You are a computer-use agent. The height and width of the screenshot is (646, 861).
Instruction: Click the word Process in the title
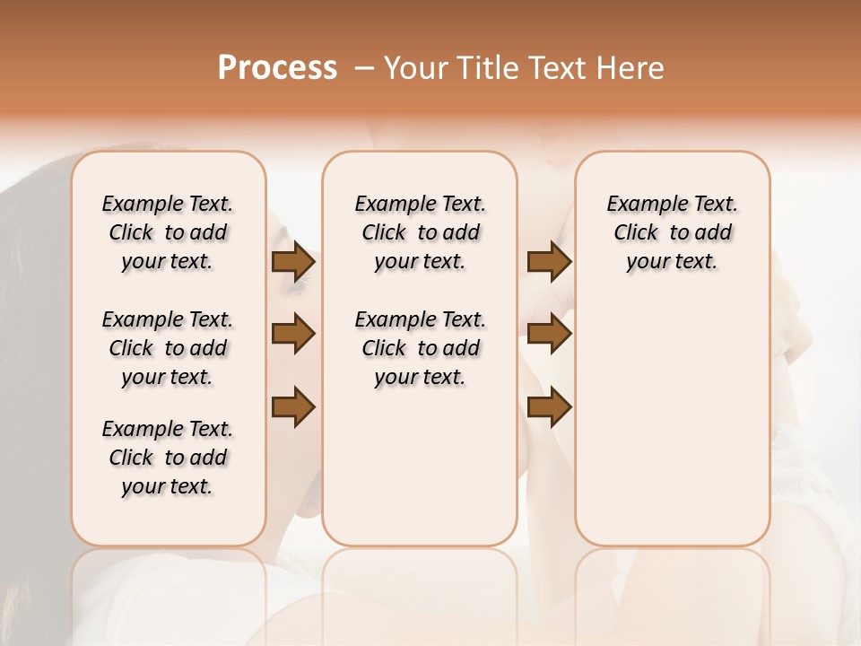277,68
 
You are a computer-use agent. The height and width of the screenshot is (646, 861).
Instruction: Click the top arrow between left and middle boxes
293,262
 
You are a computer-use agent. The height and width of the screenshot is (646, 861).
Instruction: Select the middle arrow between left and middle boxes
293,334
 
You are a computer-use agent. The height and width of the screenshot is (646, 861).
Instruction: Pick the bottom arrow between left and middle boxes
293,406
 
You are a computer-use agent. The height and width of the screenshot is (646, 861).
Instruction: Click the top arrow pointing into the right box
549,262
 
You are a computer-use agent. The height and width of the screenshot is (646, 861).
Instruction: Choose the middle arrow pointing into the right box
549,334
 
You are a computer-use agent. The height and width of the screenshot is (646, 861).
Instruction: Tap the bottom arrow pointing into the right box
549,406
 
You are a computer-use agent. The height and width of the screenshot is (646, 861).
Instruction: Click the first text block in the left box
168,232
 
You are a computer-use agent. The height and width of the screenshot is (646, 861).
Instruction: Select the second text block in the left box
168,348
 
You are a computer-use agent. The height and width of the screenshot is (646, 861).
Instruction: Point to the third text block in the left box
168,458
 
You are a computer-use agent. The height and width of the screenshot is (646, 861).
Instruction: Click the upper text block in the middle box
420,232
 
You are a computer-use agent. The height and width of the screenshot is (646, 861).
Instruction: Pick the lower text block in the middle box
420,348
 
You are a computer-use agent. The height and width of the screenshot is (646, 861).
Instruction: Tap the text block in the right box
672,232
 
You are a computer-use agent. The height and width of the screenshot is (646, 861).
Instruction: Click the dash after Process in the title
364,68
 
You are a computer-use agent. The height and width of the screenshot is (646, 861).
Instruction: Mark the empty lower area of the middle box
420,467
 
